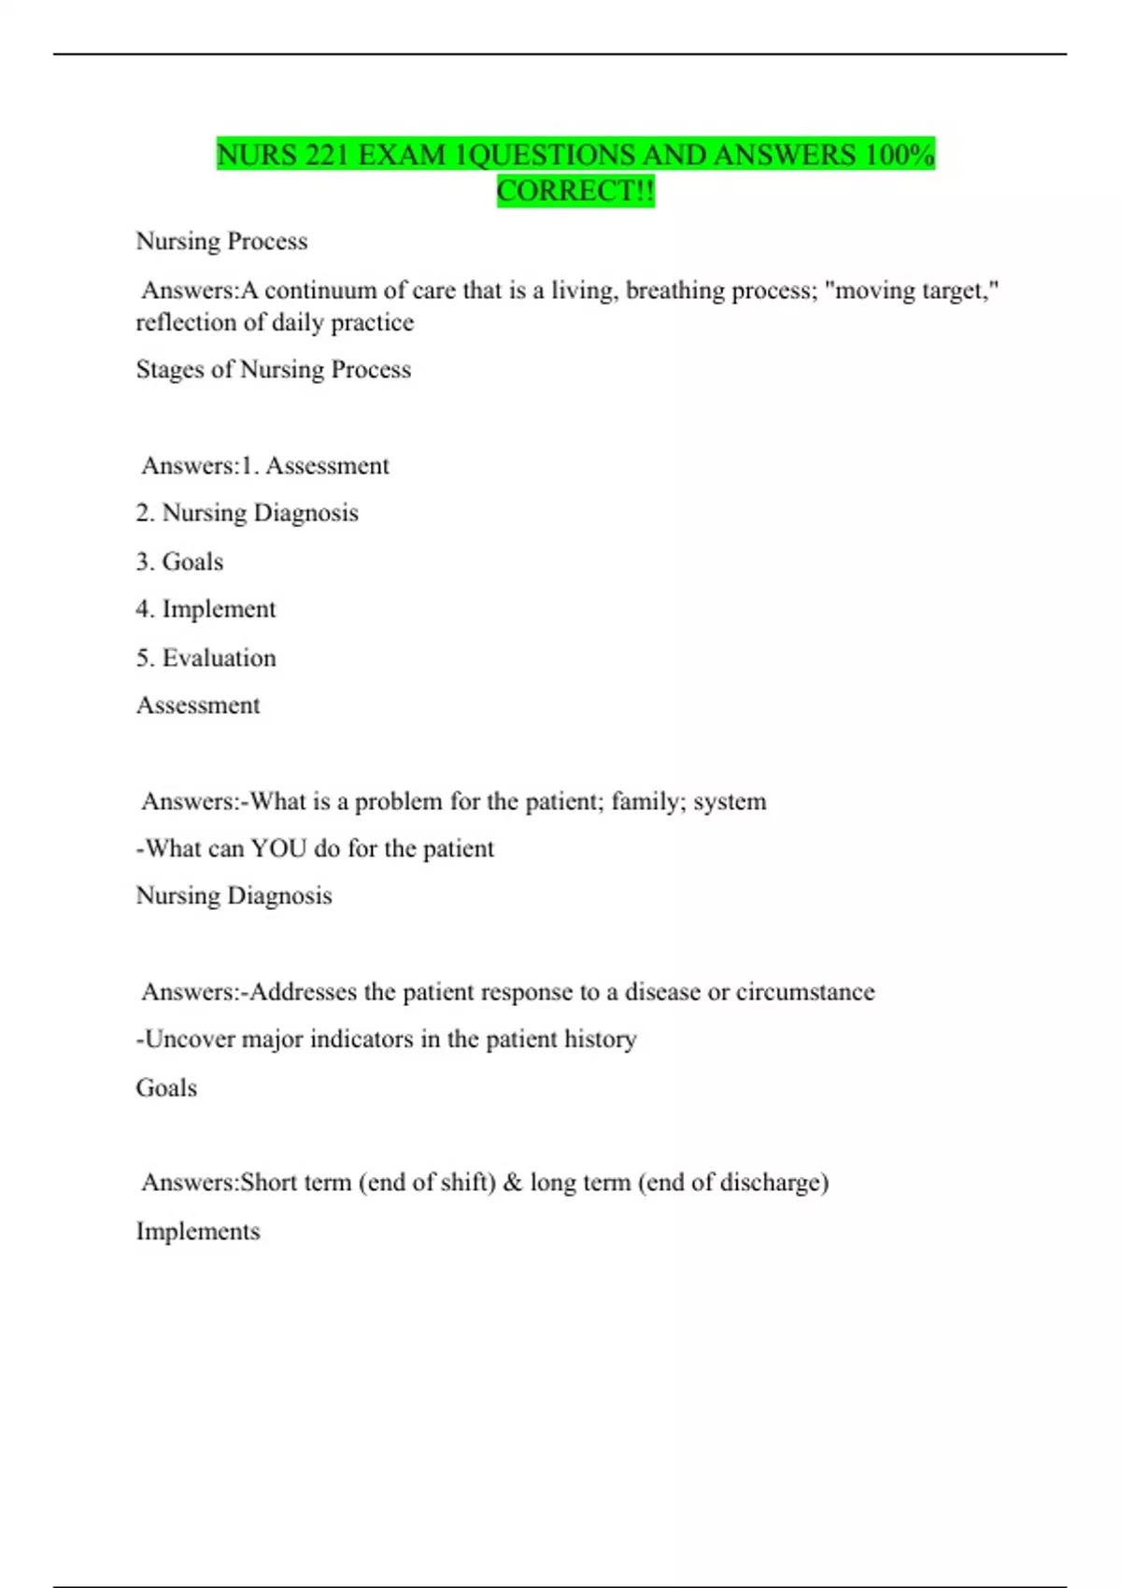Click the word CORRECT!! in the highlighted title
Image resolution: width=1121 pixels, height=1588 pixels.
tap(575, 191)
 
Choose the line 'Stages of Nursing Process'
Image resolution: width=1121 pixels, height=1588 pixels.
tap(273, 370)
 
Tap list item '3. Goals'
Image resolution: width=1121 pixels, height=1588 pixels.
tap(179, 561)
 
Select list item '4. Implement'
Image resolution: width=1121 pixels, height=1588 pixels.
tap(206, 609)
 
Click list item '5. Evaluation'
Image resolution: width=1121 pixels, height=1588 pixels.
tap(206, 658)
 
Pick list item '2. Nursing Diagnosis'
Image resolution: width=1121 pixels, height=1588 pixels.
tap(247, 513)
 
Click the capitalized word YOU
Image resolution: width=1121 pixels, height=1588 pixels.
tap(278, 848)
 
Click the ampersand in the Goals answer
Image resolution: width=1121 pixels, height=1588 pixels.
tap(512, 1183)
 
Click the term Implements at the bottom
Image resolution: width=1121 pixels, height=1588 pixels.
tap(198, 1231)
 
